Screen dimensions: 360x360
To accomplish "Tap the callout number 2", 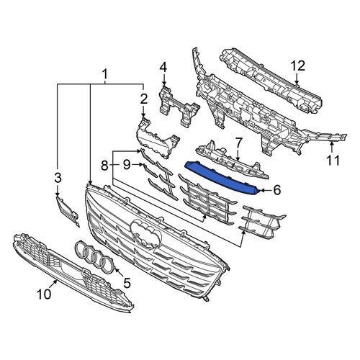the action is (144, 99).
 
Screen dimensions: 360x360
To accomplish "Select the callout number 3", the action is (58, 178).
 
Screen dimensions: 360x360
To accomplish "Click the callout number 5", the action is (127, 282).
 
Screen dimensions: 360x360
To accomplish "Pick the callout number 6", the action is (276, 190).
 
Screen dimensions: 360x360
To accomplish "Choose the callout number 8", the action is (104, 165).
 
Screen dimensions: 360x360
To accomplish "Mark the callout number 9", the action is (127, 165).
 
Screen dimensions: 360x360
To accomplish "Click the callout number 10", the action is (44, 294).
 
